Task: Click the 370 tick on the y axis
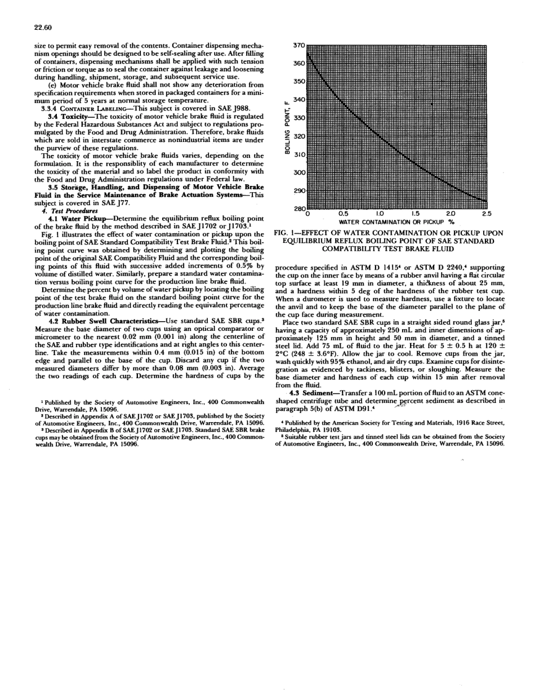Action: [300, 45]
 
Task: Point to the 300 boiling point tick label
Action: [300, 172]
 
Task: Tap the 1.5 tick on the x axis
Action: [416, 214]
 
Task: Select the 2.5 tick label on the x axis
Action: [487, 214]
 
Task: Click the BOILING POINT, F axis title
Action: [287, 127]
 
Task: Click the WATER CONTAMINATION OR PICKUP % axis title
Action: [396, 222]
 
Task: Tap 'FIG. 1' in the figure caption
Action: [286, 233]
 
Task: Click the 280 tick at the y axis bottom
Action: [300, 208]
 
